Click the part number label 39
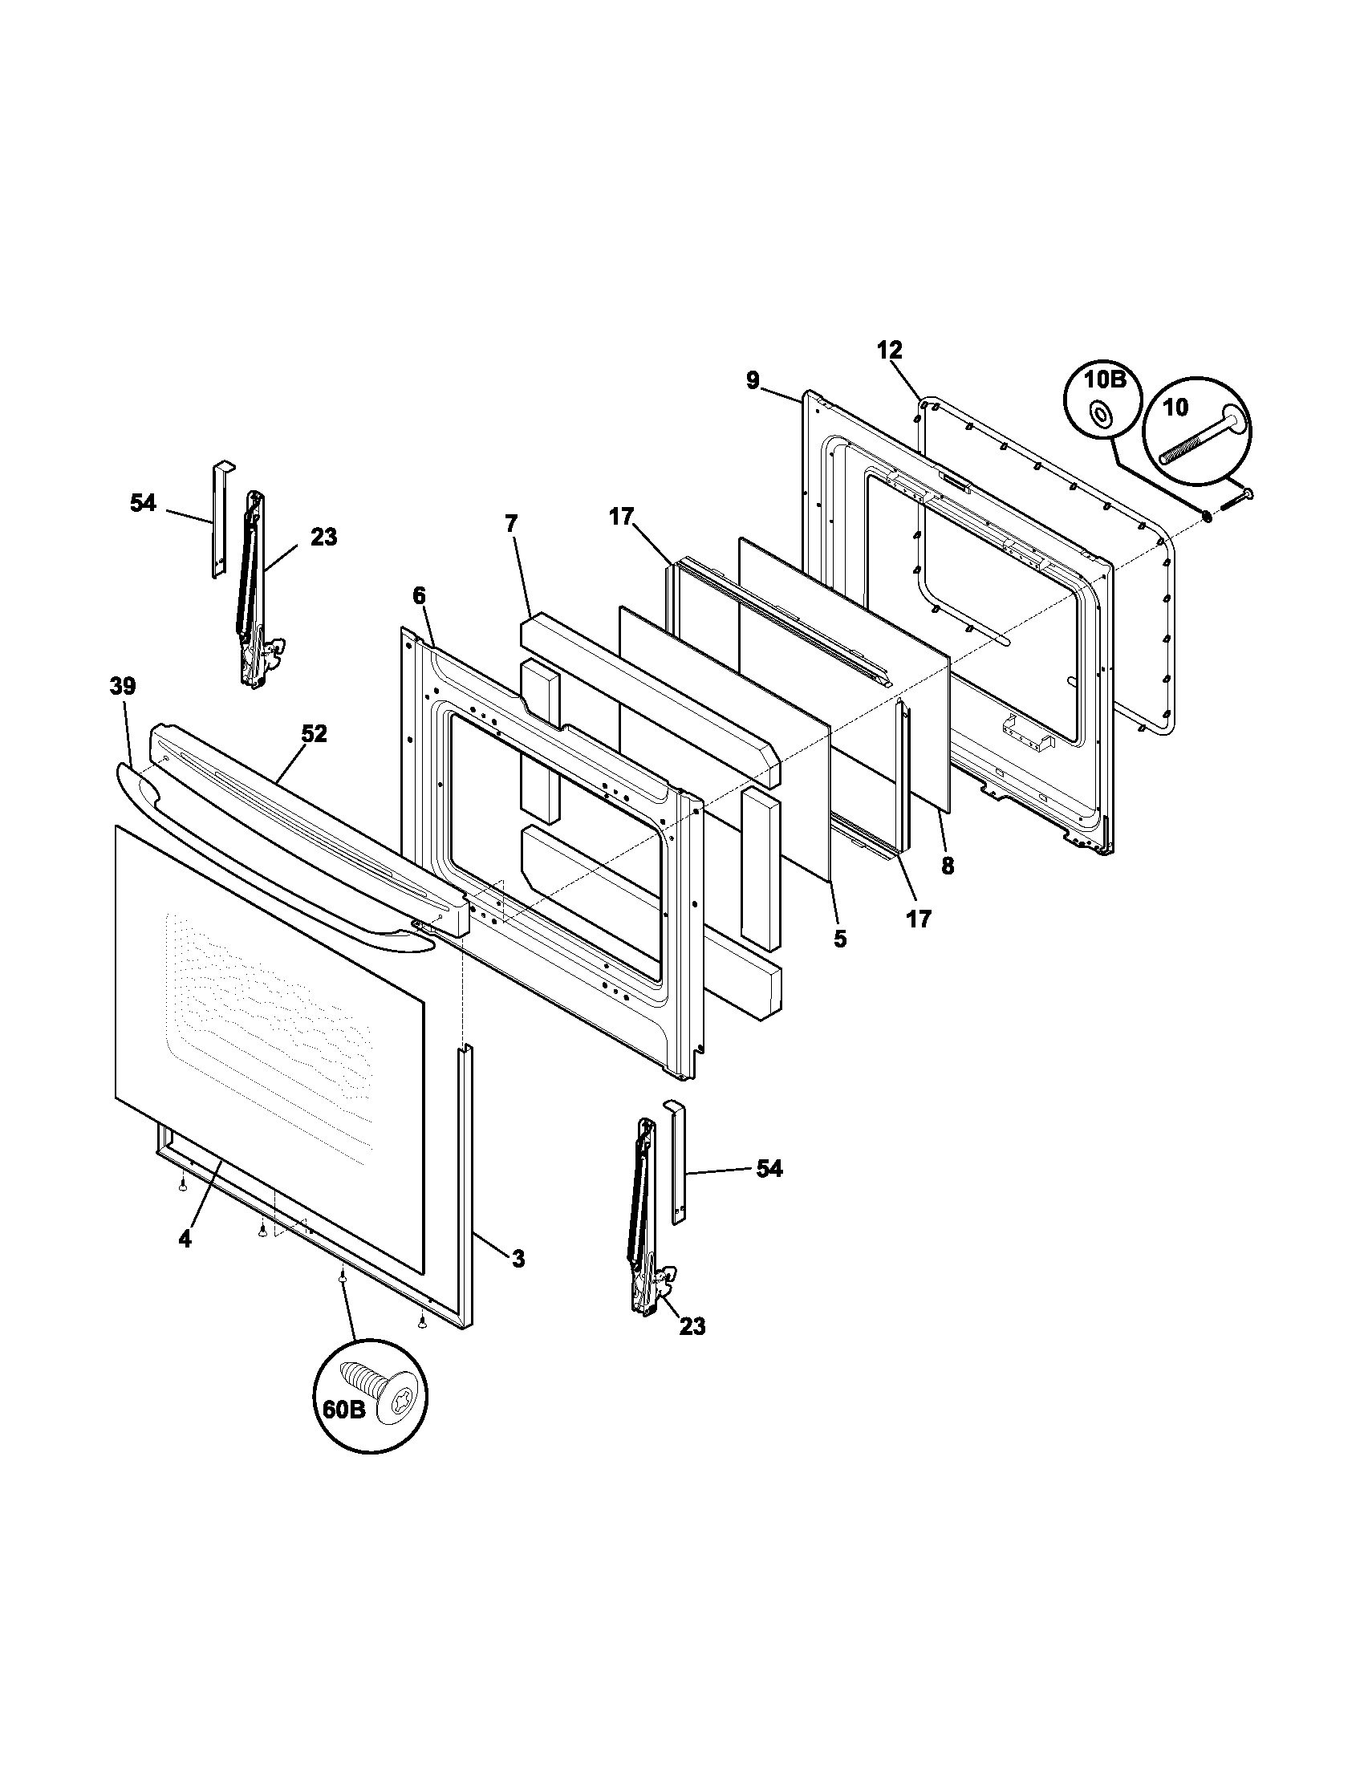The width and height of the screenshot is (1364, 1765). click(x=123, y=686)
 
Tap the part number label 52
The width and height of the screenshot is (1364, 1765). click(x=314, y=734)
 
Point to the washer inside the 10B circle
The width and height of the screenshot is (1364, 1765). click(x=1099, y=416)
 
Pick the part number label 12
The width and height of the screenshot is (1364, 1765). click(x=889, y=350)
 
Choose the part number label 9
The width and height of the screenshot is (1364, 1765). click(x=753, y=379)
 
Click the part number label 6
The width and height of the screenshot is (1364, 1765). click(x=418, y=595)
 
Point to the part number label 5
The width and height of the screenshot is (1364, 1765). click(x=840, y=939)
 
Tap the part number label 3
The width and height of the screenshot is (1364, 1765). click(x=518, y=1258)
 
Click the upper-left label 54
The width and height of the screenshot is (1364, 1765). click(x=143, y=503)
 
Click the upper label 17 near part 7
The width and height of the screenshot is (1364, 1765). click(x=621, y=517)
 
